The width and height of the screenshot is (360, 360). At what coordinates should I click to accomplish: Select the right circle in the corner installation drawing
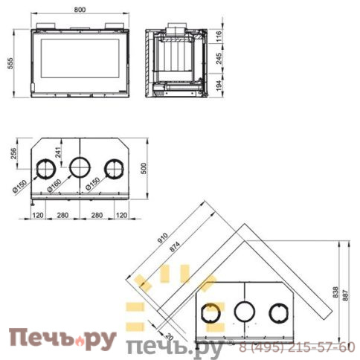279,312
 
